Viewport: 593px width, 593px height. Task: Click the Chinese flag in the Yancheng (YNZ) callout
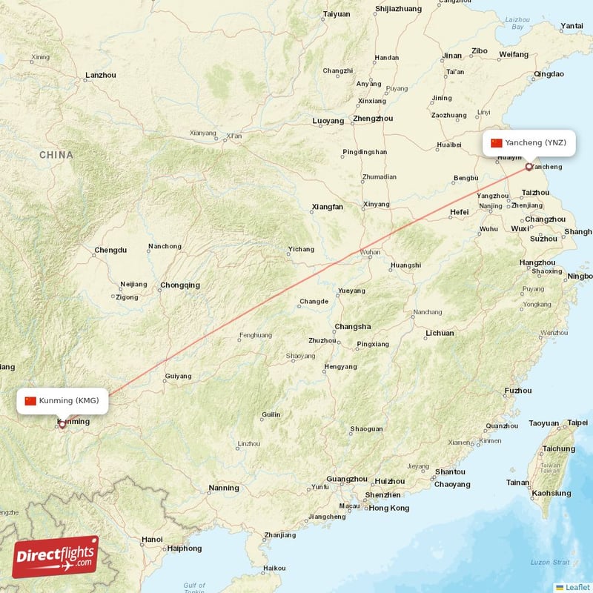pos(497,142)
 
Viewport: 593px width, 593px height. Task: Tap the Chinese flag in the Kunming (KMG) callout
pos(30,401)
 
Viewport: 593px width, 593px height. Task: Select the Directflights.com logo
pos(56,557)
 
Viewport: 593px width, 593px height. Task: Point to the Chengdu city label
pos(110,251)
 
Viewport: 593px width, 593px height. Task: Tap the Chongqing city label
pos(180,285)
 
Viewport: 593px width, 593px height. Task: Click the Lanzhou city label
pos(101,75)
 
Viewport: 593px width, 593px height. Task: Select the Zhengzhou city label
pos(373,119)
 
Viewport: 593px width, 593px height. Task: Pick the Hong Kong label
pos(389,508)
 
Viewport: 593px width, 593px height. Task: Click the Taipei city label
pos(577,423)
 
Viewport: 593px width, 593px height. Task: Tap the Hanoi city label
pos(151,539)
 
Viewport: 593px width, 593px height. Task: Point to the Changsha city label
pos(353,326)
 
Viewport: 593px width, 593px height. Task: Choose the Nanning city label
pos(224,488)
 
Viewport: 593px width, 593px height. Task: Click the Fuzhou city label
pos(517,391)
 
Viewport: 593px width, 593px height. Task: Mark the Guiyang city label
pos(178,376)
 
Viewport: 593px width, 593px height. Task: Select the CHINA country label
pos(56,155)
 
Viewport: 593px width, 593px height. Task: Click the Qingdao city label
pos(549,74)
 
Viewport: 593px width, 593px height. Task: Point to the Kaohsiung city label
pos(551,493)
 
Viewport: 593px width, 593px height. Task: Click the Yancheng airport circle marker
pos(529,167)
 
